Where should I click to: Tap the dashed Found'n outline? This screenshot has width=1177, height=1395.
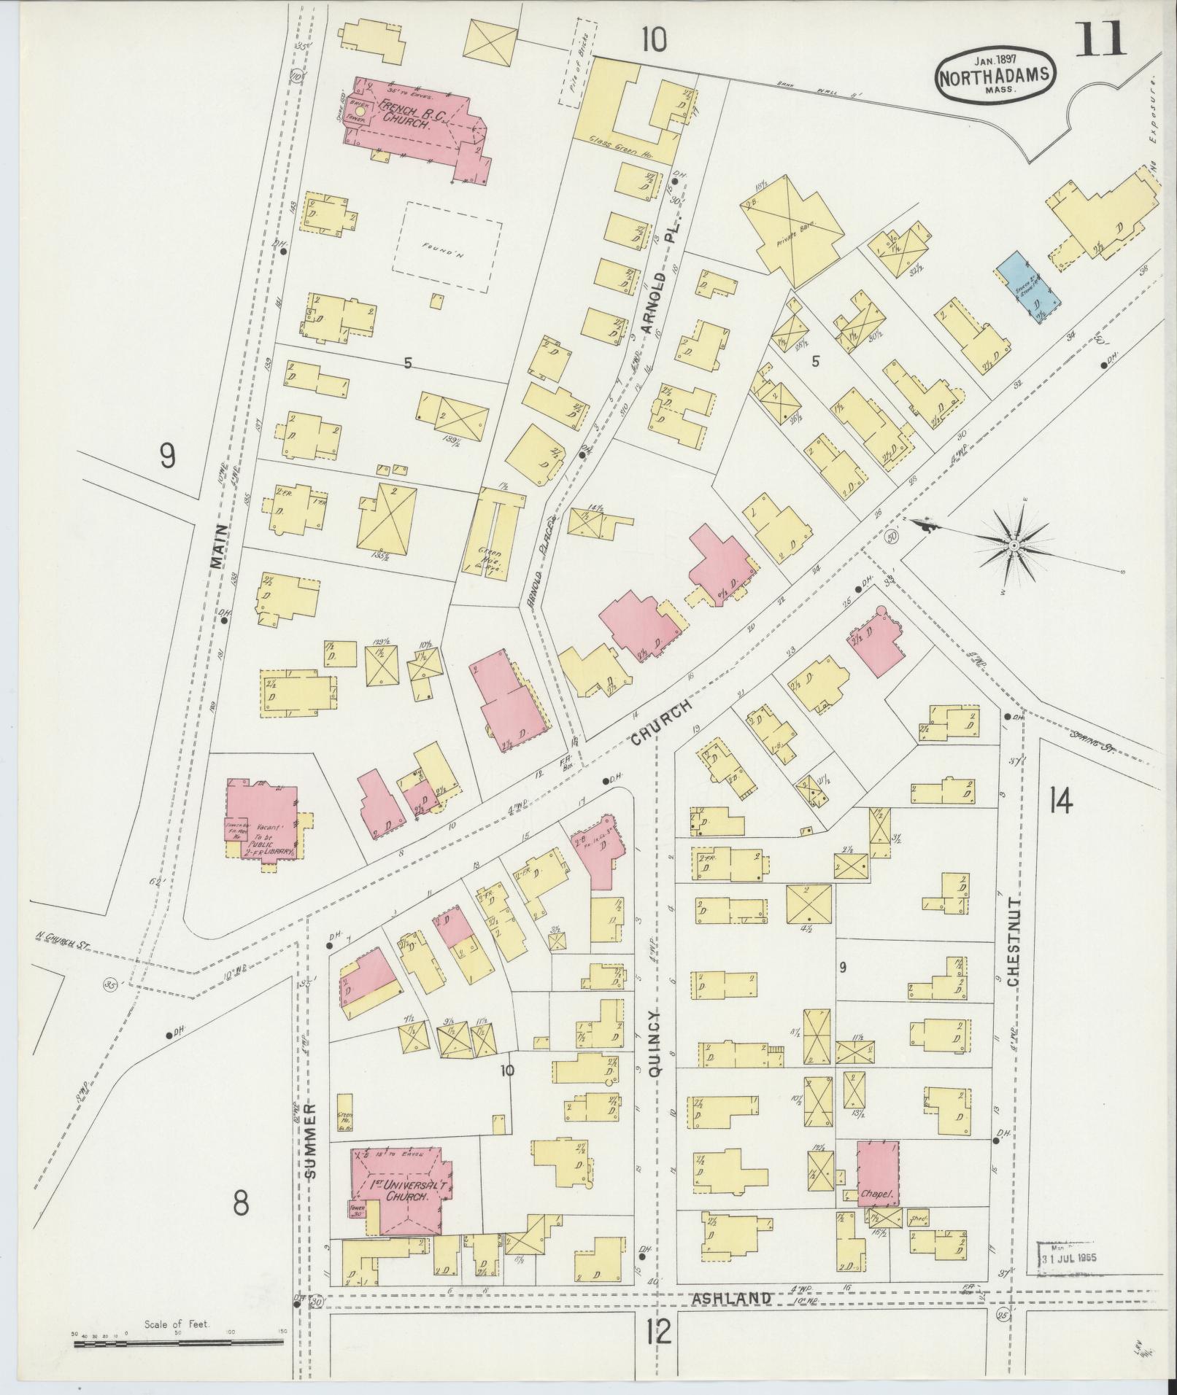coord(447,247)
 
